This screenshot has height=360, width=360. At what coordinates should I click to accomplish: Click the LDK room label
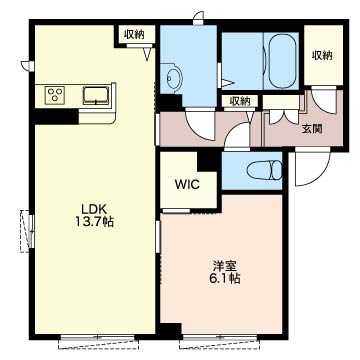[94, 209]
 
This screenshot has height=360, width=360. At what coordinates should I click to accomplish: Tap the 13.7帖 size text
[94, 222]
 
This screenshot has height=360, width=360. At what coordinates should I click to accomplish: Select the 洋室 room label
[225, 266]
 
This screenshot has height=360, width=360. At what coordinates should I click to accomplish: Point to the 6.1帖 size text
[225, 278]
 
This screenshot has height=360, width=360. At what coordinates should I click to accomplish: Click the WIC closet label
[187, 184]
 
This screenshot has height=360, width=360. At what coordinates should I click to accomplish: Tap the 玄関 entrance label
[312, 129]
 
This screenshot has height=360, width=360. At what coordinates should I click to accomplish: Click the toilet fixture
[264, 170]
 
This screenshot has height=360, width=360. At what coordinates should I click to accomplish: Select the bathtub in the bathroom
[282, 61]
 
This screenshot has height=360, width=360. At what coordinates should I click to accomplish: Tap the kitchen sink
[96, 96]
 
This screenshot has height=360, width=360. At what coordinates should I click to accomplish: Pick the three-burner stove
[55, 93]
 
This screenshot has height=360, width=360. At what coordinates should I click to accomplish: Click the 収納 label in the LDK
[134, 34]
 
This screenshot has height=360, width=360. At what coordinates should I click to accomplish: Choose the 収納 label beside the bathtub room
[322, 55]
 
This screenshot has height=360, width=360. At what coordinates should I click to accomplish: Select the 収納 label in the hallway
[239, 101]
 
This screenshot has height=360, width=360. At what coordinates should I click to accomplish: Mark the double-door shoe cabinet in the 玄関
[283, 115]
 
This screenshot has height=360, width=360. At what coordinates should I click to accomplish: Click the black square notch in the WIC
[207, 161]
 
